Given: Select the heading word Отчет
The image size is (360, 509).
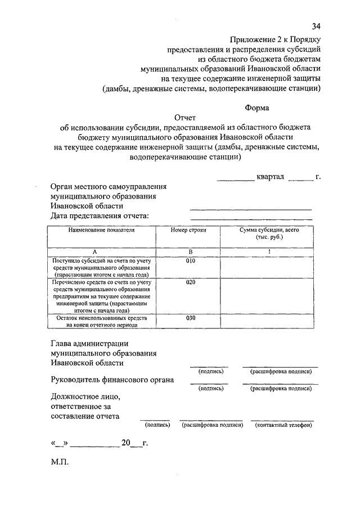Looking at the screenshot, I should coord(184,118).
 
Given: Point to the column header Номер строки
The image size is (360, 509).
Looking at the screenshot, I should coord(189,231).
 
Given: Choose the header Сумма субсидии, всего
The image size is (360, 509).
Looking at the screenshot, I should coord(268,231).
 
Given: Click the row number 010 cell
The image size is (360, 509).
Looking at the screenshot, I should coord(190,262).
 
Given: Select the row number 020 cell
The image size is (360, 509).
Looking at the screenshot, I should coord(190,283).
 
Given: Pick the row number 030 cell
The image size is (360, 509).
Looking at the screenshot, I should coord(190,318).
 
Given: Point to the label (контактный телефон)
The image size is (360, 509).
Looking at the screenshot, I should coord(283,425).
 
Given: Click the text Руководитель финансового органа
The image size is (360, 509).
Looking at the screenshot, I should coord(112,380).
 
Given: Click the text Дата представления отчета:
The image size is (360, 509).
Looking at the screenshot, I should coord(99,216).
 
